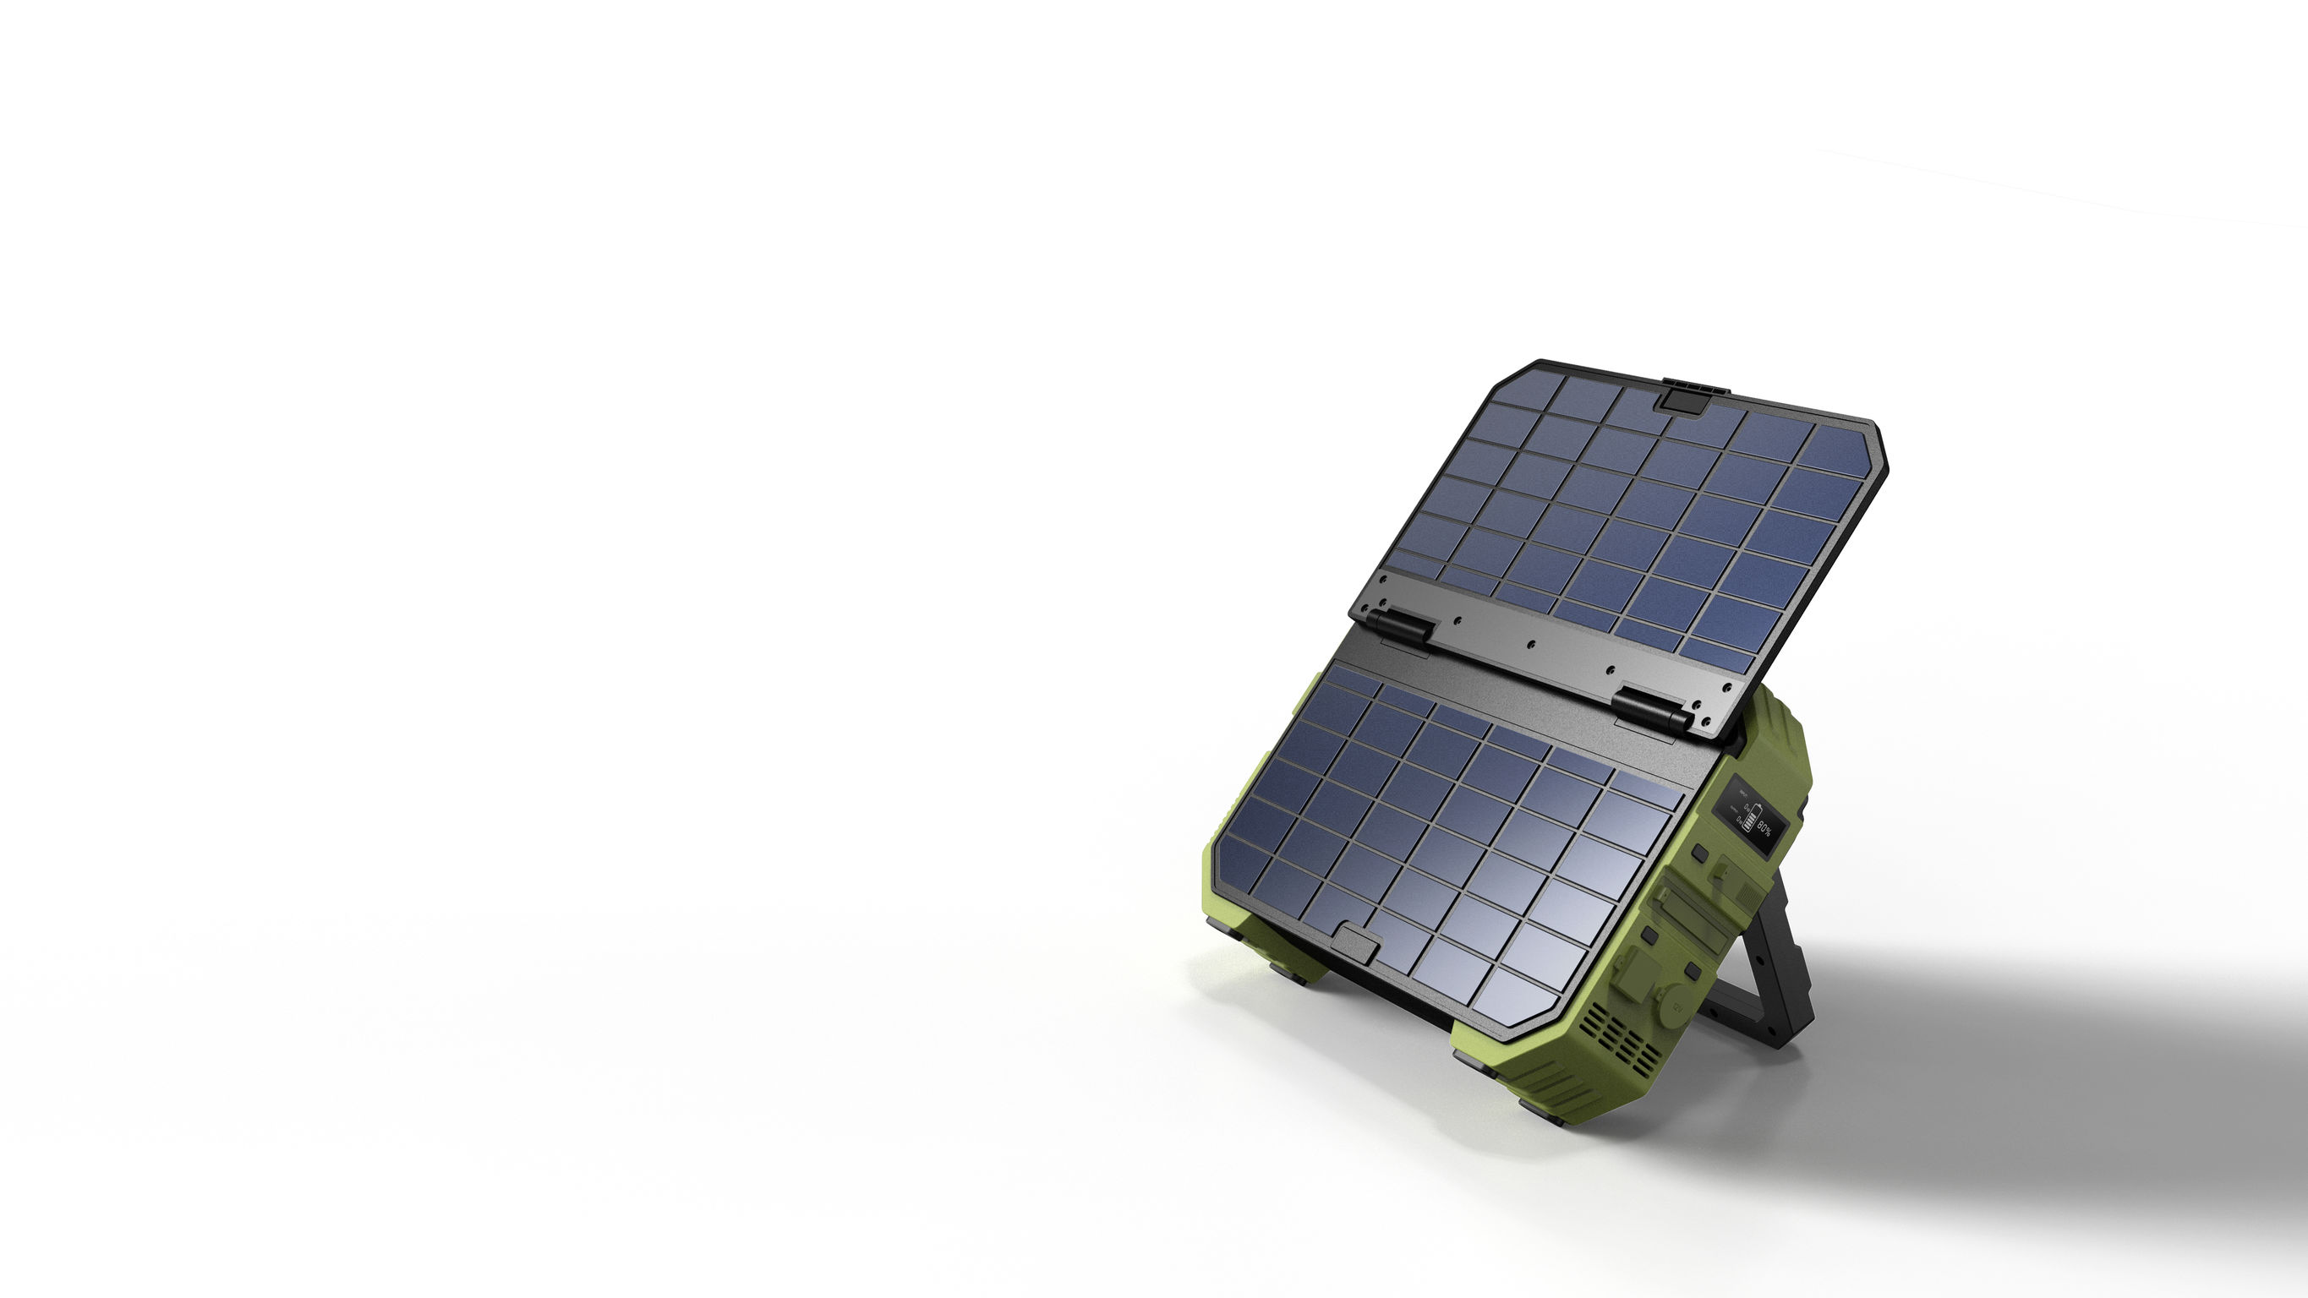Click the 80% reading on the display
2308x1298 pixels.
[x=1764, y=830]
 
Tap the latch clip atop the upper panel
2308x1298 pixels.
[x=1668, y=397]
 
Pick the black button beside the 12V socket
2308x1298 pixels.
[x=1692, y=971]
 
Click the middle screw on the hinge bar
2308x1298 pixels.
[x=1531, y=644]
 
